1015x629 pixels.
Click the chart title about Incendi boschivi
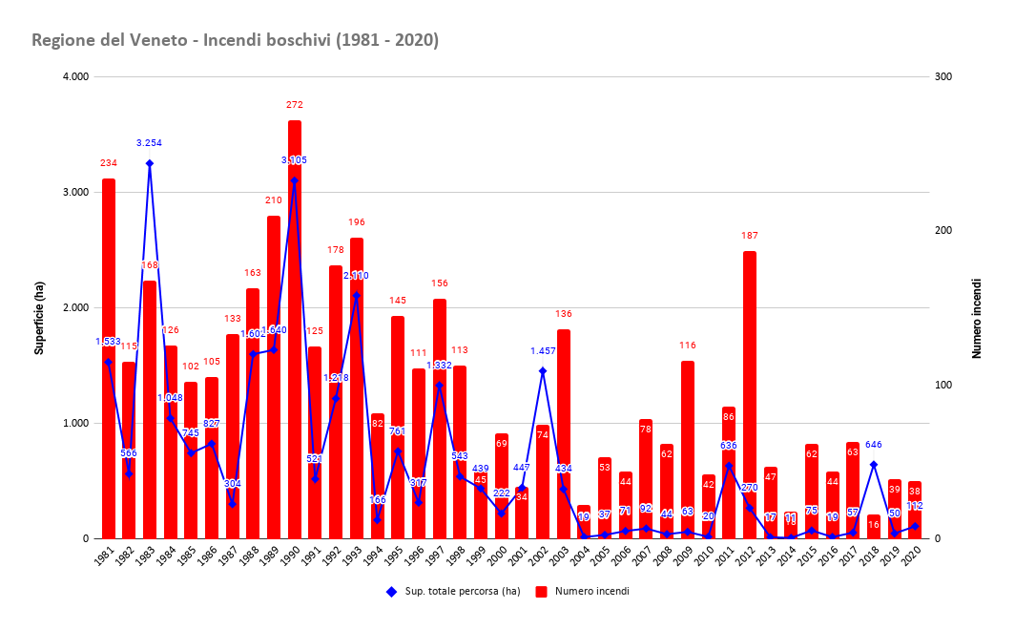point(235,40)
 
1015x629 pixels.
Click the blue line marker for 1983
point(150,163)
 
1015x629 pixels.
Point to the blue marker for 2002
point(543,370)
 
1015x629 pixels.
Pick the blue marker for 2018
point(874,465)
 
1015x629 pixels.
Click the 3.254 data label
point(150,143)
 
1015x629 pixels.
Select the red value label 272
point(295,105)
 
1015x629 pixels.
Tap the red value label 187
point(750,236)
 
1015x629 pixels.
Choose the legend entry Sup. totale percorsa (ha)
point(453,592)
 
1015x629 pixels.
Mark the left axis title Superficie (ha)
point(40,308)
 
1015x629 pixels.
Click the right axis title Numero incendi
point(977,319)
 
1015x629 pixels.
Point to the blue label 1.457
point(543,351)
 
